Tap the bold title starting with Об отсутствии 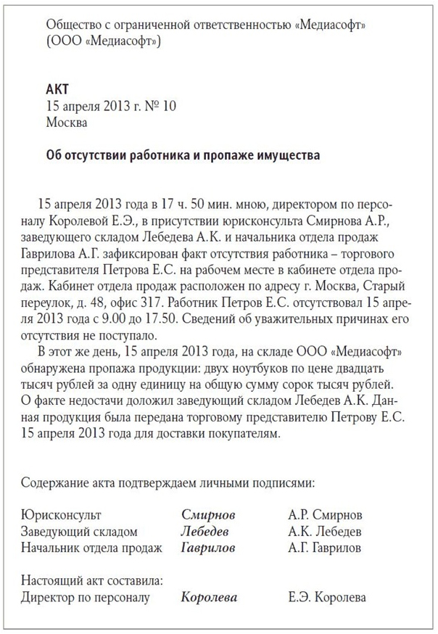point(181,155)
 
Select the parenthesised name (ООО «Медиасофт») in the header point(103,41)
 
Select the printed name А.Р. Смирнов point(324,515)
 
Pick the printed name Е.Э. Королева point(326,597)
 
